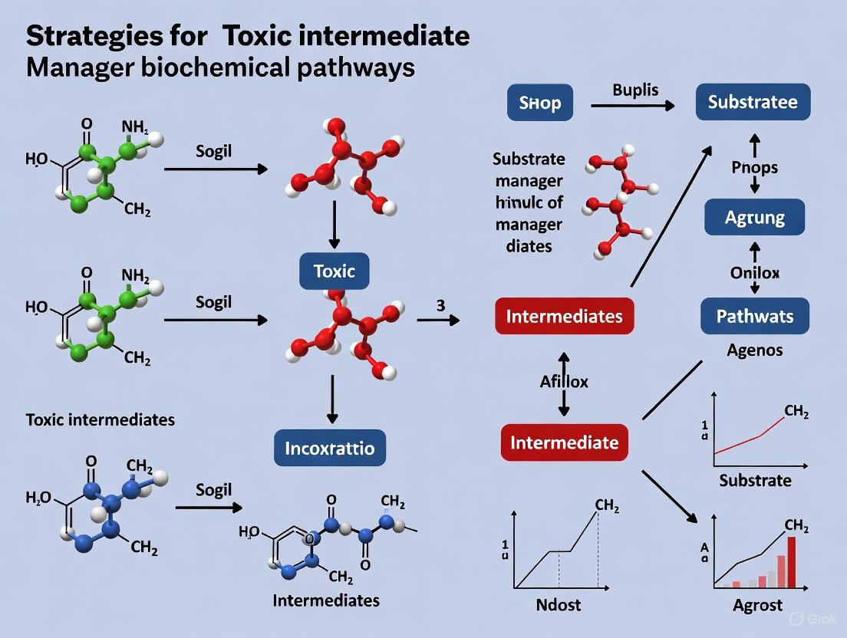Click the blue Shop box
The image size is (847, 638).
pos(540,103)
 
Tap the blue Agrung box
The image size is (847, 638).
pos(754,217)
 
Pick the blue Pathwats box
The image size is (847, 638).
pos(755,315)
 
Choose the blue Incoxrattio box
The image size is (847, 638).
pos(330,447)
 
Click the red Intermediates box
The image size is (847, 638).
pos(565,315)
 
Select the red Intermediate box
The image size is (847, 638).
pos(565,442)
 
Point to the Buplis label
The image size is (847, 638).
pos(635,90)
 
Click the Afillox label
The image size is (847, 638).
pos(564,381)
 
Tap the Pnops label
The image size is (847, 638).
pos(754,167)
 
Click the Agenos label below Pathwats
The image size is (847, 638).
pos(755,350)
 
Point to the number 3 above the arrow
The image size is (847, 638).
pos(440,304)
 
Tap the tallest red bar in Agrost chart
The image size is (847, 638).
pos(791,561)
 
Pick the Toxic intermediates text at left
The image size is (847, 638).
pos(100,419)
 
